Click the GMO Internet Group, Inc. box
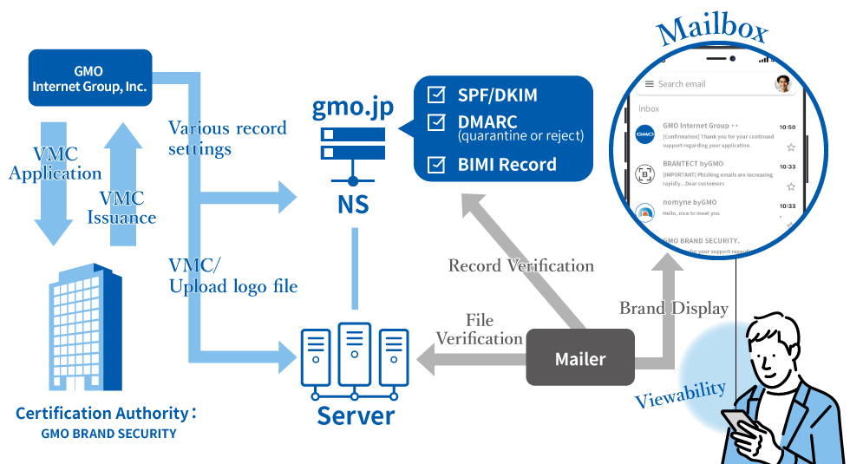tap(90, 78)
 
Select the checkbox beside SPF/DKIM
tap(437, 95)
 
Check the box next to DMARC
tap(437, 123)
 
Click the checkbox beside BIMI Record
tap(437, 164)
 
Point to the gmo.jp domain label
tap(353, 108)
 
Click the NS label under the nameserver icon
tap(353, 205)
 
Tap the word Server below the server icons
tap(356, 415)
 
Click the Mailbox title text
tap(711, 32)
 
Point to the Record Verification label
tap(520, 265)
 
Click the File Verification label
tap(479, 330)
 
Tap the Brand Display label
tap(673, 308)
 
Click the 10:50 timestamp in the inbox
tap(787, 127)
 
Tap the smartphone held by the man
tap(738, 422)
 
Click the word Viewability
tap(680, 395)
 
